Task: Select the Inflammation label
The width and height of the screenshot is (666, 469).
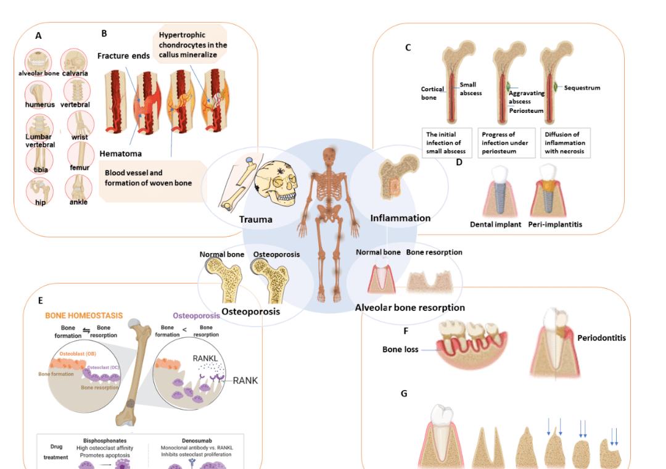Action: [x=400, y=218]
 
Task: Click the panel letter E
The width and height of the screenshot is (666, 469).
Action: [x=40, y=301]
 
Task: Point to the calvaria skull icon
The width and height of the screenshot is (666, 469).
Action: [x=75, y=62]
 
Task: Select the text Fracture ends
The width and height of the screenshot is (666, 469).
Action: [x=123, y=56]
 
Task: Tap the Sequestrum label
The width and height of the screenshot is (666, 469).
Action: [x=582, y=88]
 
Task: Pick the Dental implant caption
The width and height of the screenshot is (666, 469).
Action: [x=496, y=225]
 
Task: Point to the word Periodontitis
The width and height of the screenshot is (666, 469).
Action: [x=601, y=338]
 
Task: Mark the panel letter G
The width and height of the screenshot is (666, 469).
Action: [x=404, y=393]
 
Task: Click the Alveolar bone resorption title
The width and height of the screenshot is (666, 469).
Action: [x=409, y=307]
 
